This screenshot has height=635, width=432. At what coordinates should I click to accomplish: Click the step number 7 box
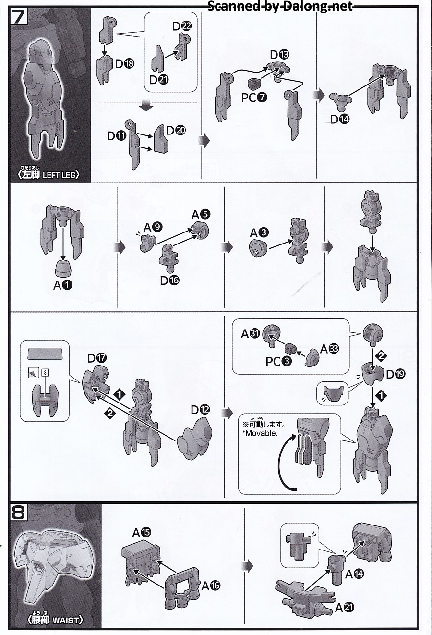point(19,17)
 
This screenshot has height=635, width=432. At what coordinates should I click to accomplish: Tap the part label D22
point(182,26)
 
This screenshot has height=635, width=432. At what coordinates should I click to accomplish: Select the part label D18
point(125,64)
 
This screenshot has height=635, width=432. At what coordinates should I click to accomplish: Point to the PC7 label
point(254,98)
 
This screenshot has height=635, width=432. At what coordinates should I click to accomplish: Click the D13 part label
point(279,54)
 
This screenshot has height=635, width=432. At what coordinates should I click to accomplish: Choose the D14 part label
point(340,119)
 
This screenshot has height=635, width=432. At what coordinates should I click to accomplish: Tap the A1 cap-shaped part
point(63,268)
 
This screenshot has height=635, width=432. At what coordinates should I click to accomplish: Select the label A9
point(153,227)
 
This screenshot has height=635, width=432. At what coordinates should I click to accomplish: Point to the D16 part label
point(170,281)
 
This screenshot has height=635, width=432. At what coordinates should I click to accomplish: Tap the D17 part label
point(97,358)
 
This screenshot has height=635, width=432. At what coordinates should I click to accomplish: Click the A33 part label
point(329,349)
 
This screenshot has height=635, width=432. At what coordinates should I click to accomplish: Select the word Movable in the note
point(262,433)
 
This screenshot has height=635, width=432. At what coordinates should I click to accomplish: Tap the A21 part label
point(344,608)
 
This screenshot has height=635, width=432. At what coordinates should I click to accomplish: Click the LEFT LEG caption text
point(60,175)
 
